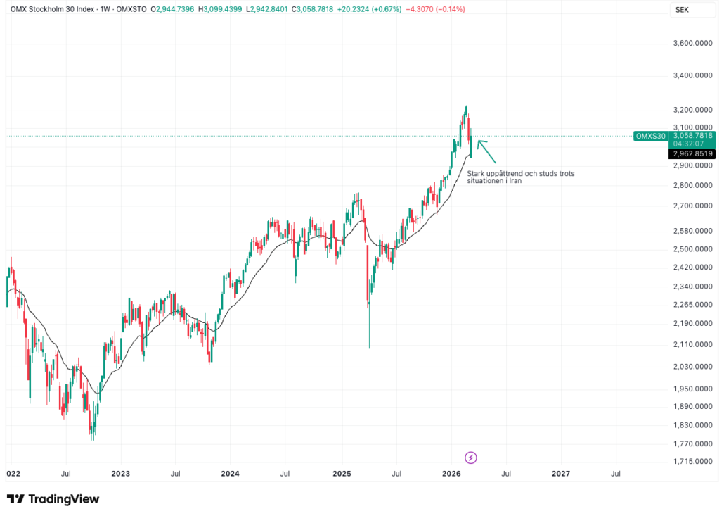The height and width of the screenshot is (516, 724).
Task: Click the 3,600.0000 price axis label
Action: [x=692, y=44]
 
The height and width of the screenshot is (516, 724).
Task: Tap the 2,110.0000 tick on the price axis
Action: [x=692, y=344]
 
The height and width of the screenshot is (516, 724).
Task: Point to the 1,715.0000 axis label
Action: [x=692, y=462]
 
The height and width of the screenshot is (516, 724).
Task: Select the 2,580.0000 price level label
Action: [x=692, y=231]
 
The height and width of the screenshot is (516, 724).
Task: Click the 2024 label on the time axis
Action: [x=231, y=475]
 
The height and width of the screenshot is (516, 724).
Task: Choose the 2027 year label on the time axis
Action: [x=561, y=475]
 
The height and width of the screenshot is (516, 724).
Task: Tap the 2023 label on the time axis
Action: [x=120, y=475]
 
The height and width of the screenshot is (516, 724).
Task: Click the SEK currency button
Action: [x=682, y=9]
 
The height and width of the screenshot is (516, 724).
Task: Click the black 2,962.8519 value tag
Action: [x=692, y=153]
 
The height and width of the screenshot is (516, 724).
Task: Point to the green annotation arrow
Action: [x=487, y=151]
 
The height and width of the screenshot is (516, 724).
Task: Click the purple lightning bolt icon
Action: [x=471, y=458]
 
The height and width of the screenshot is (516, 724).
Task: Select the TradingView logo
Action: [x=53, y=499]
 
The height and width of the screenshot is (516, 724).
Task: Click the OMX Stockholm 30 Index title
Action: [x=53, y=10]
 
